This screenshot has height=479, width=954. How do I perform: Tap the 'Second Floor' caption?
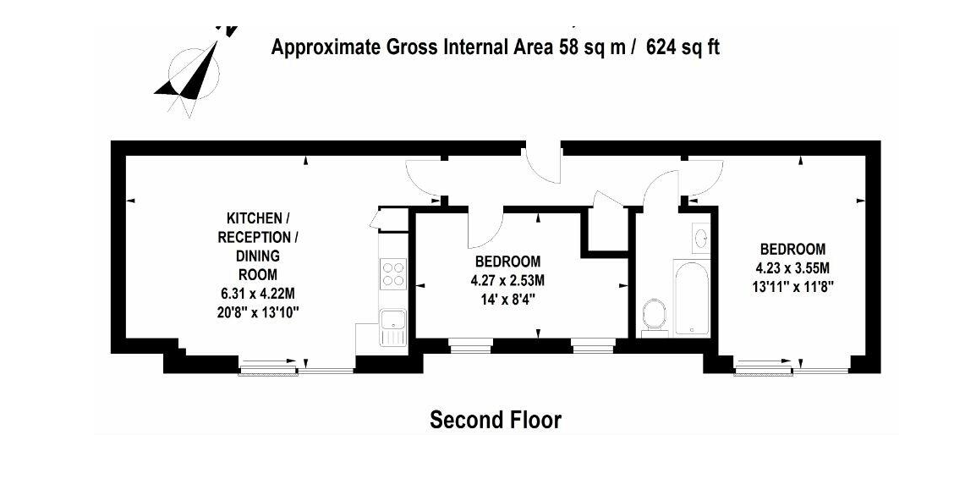click(x=496, y=420)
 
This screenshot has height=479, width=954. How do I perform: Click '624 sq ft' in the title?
click(x=683, y=47)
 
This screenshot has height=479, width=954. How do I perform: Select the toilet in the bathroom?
click(x=655, y=316)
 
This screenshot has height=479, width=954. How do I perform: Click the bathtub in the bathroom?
click(x=691, y=298)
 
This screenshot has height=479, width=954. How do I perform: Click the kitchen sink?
click(x=392, y=328)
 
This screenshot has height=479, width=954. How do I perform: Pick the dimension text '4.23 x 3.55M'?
click(x=792, y=267)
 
